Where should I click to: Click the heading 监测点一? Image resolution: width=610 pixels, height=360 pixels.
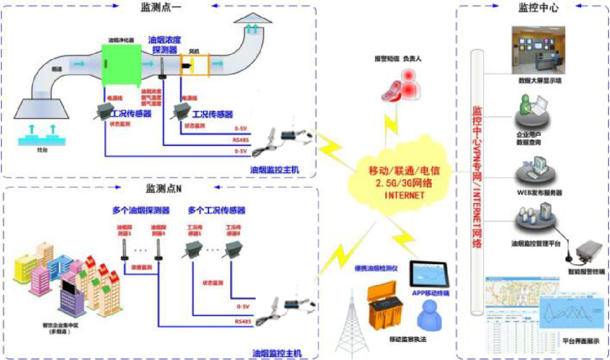[161, 8]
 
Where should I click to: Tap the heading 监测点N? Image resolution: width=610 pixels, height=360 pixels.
[163, 189]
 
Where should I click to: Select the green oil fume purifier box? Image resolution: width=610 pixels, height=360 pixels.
[121, 64]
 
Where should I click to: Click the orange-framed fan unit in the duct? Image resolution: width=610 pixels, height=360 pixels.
[195, 65]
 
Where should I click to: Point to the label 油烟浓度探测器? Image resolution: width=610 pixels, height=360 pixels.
[165, 44]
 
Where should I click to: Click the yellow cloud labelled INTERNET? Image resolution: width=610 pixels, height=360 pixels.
[398, 183]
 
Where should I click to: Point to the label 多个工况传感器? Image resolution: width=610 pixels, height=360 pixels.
[216, 210]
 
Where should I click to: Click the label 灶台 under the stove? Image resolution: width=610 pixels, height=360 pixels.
[42, 150]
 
